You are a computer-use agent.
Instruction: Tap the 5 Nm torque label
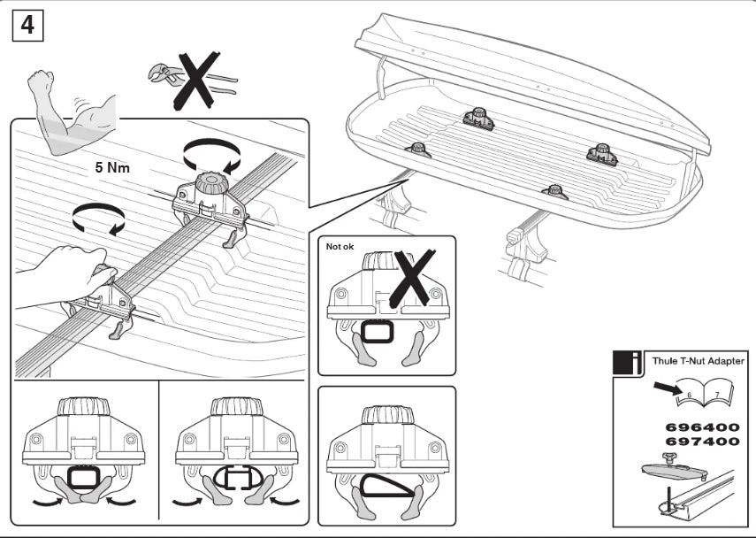point(113,165)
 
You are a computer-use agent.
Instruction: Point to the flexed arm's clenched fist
point(41,85)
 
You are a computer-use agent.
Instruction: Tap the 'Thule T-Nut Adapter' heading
point(698,360)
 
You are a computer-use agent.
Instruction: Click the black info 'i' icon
point(629,362)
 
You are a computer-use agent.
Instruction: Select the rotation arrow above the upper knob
point(211,157)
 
